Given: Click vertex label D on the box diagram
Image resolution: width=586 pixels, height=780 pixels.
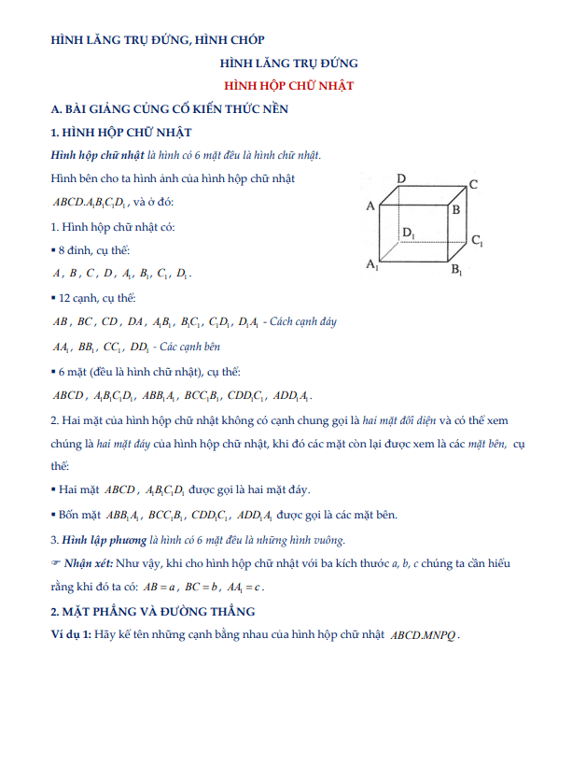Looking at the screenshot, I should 400,177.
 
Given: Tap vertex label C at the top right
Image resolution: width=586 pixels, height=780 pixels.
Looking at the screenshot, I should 474,184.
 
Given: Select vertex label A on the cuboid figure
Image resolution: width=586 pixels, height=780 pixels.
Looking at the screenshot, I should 370,206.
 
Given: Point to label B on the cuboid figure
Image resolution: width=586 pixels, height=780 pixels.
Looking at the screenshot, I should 455,210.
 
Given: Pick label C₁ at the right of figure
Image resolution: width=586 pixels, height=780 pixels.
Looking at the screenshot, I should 477,241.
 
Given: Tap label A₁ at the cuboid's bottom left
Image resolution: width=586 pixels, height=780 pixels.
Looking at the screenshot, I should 372,265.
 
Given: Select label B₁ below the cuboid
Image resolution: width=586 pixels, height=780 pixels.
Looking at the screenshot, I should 457,271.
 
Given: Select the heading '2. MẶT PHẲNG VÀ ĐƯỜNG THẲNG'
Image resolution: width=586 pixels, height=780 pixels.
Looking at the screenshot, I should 152,612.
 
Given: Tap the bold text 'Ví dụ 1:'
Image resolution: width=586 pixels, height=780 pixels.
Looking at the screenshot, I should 72,634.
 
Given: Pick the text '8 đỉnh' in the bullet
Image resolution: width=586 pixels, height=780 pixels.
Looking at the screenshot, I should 77,250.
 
